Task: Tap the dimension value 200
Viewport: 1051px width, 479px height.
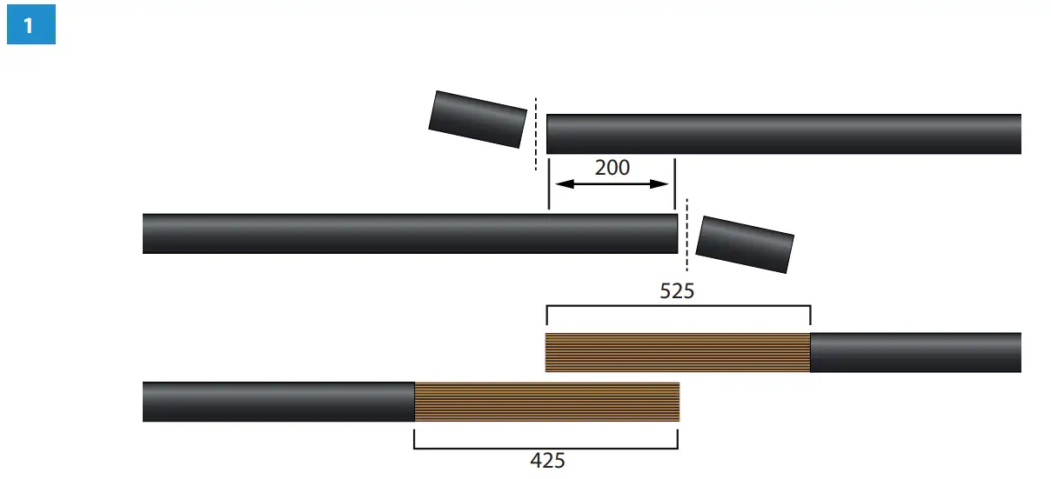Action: tap(612, 168)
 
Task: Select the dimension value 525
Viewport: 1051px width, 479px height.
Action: tap(677, 291)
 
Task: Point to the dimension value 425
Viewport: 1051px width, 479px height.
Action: tap(547, 461)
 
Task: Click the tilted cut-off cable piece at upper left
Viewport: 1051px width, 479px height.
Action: tap(478, 119)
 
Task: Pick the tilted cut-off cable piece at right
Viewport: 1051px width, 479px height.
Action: tap(745, 244)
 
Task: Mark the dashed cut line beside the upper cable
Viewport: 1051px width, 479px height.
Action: tap(536, 135)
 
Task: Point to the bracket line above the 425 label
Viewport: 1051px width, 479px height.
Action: tap(546, 449)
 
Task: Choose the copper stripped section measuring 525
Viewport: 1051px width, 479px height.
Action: tap(677, 353)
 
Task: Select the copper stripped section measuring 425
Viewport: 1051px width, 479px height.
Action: tap(546, 402)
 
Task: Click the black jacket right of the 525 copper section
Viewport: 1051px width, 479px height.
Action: tap(915, 353)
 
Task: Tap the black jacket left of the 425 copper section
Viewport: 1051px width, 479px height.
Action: tap(278, 402)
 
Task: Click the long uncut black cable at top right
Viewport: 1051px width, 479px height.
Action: tap(783, 134)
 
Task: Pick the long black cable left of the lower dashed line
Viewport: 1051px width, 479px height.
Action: tap(410, 234)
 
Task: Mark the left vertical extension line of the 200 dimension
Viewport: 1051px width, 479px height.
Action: tap(548, 183)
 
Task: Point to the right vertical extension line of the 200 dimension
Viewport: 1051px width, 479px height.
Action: tap(674, 183)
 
